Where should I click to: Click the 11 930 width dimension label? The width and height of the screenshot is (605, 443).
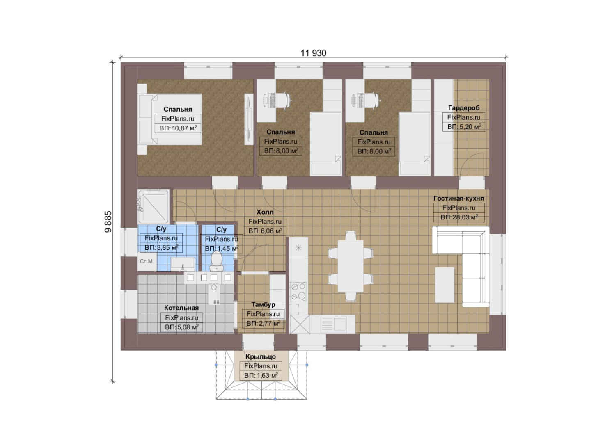tap(313, 53)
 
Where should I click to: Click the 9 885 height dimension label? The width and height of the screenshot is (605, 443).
tap(108, 221)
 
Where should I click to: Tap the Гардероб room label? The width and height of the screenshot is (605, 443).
tap(464, 108)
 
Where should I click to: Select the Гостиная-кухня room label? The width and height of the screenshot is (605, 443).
tap(458, 198)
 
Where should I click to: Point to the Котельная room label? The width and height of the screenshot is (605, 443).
tap(181, 308)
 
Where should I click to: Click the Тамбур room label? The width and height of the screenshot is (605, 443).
tap(263, 304)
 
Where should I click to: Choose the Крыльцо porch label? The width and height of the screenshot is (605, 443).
tap(261, 356)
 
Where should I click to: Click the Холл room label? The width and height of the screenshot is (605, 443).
tap(265, 212)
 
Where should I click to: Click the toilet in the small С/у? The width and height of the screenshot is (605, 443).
tap(216, 261)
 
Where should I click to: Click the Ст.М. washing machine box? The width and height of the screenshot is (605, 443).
tap(147, 261)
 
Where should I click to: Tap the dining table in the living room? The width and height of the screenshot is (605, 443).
tap(351, 266)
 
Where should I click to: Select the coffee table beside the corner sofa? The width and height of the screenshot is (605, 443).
tap(444, 285)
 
